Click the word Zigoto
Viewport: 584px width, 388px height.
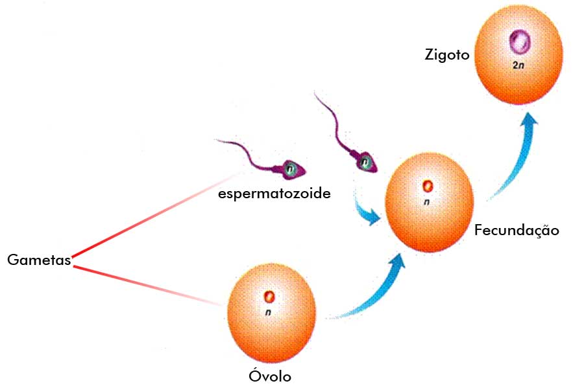pos(446,55)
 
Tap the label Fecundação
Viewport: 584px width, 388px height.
pos(516,230)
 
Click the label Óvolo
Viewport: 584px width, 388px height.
pos(271,376)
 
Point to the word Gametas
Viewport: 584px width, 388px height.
pos(38,260)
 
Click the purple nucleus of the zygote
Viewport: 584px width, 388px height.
pos(519,43)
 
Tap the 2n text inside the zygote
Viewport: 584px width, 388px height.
pos(518,66)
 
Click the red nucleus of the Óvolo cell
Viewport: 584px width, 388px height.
pos(269,297)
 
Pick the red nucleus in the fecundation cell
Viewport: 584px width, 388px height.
pos(427,187)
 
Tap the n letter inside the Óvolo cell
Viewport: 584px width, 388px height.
pos(267,313)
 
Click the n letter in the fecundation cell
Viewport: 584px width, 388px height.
pos(426,202)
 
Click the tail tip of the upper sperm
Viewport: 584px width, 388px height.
pos(315,95)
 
